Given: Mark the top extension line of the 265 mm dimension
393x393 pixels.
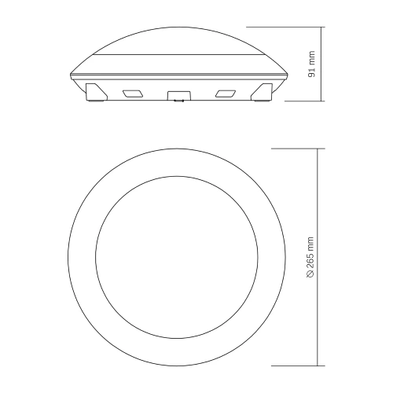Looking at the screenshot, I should tap(295, 147).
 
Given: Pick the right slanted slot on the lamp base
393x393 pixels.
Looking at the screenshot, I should tap(225, 94).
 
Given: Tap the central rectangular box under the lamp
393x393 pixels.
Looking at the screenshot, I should tap(177, 95).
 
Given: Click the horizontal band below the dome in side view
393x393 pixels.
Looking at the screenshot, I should tap(177, 64).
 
